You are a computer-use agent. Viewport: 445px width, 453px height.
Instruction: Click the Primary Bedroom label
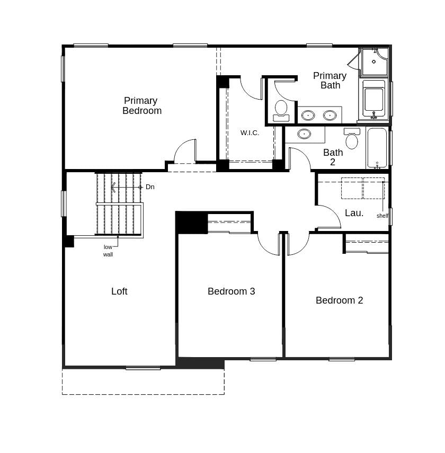[141, 105]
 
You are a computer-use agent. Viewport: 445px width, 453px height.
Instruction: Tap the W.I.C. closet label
[250, 133]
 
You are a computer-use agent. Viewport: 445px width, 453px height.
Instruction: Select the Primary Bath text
[330, 81]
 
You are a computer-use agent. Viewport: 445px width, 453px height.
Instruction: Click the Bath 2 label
[333, 157]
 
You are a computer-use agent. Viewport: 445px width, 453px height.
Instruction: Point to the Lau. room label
[354, 213]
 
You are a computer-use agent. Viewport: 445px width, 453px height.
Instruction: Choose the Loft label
[119, 291]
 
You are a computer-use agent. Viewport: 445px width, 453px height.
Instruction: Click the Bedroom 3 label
[231, 291]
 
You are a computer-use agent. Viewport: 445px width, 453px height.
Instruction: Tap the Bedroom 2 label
[339, 300]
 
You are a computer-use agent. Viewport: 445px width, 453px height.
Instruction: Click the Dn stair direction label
[150, 187]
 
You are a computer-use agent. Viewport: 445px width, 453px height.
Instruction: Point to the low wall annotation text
[108, 251]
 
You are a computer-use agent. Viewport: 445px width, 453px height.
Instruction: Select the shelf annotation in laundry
[382, 216]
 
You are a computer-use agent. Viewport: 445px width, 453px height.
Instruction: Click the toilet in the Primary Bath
[281, 110]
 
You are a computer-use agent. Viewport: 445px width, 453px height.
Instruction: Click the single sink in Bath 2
[304, 134]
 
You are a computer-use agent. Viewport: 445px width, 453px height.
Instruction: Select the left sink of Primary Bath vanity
[308, 115]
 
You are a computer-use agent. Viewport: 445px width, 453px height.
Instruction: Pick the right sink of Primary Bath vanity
[330, 115]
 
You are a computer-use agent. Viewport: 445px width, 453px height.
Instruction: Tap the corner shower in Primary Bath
[374, 62]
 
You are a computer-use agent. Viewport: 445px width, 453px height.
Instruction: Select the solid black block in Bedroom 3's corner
[191, 223]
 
